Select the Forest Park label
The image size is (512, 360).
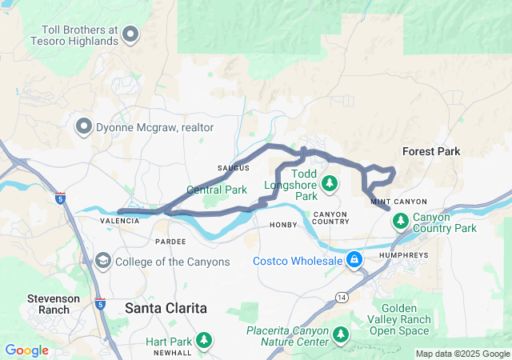point(431,151)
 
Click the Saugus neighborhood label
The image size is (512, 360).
point(234,168)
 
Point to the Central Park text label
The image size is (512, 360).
point(217,190)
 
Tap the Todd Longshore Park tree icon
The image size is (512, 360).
point(330,185)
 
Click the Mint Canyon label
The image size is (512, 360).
point(399,202)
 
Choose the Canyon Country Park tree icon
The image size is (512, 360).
point(399,220)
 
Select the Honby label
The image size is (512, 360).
point(283,225)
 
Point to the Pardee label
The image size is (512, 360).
point(170,241)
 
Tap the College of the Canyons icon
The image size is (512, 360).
point(103,261)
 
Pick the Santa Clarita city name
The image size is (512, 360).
point(166,308)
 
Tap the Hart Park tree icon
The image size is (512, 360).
point(205,339)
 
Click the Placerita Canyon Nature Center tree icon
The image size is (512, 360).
point(341,333)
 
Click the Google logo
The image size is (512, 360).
point(26,350)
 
